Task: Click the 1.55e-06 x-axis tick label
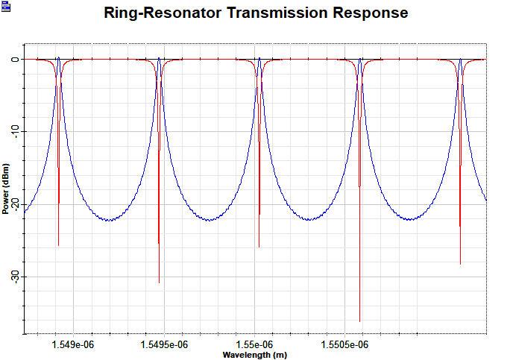click(x=258, y=344)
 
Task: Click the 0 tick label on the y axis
click(x=14, y=59)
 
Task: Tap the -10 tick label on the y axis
click(x=14, y=131)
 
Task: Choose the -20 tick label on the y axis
click(x=14, y=203)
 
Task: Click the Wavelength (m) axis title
click(x=254, y=355)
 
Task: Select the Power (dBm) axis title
click(x=5, y=188)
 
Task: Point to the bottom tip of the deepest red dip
click(x=360, y=321)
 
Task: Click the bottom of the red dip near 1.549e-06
click(x=58, y=245)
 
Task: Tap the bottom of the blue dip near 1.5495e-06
click(x=159, y=282)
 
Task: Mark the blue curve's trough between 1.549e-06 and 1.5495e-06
click(x=109, y=221)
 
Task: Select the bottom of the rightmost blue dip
click(x=460, y=264)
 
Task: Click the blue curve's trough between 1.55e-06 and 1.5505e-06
click(x=309, y=219)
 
